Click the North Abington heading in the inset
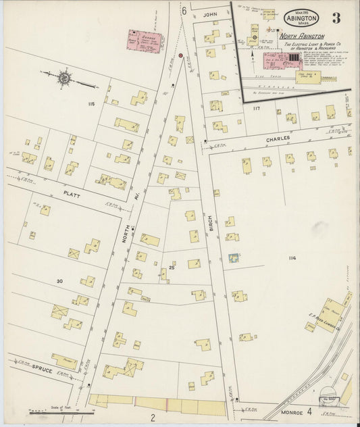302,36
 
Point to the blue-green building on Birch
234,257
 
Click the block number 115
91,103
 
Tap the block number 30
59,280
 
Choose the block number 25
172,268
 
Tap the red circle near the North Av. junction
180,55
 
